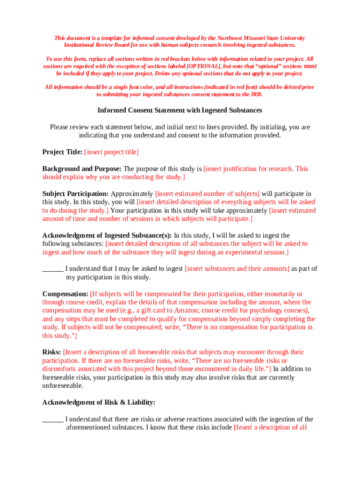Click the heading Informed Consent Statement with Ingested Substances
pos(180,110)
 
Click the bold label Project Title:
pos(62,152)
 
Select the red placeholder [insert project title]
pos(111,152)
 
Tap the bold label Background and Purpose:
pos(82,169)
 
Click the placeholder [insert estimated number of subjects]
pos(207,194)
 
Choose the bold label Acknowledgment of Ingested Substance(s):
pos(107,235)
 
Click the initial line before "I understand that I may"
pos(53,269)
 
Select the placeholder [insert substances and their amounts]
pos(237,269)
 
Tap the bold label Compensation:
pos(65,294)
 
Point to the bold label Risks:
pos(51,352)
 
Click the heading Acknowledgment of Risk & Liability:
pos(99,402)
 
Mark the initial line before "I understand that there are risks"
pos(53,420)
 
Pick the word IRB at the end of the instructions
pos(256,94)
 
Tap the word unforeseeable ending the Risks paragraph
pos(63,386)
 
